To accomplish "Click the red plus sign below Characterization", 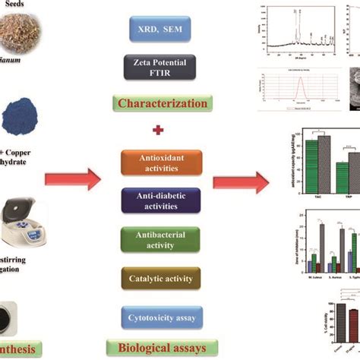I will (158, 130).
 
